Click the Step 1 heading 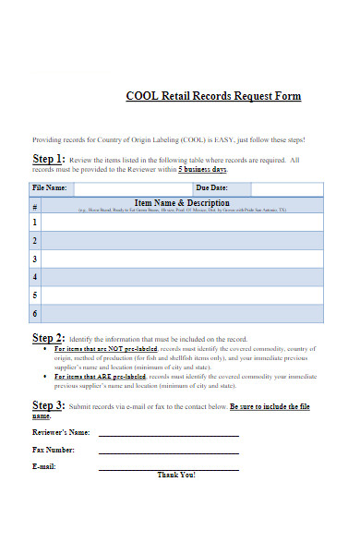point(48,158)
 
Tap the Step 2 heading point(48,338)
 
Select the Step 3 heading point(48,405)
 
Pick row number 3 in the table point(36,259)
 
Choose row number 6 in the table point(36,314)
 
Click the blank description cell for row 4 point(183,277)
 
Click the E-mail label point(44,466)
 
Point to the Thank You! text point(176,475)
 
